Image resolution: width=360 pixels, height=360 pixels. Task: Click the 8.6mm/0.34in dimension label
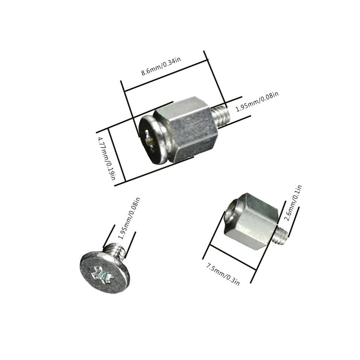(x=161, y=66)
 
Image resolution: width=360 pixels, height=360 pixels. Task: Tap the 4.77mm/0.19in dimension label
(x=107, y=159)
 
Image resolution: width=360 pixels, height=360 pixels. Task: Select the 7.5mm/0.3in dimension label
(x=223, y=275)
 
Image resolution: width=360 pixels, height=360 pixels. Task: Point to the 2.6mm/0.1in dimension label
(x=293, y=203)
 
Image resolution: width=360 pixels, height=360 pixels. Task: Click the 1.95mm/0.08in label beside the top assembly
(x=257, y=102)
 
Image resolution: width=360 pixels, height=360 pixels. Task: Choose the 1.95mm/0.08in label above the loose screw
(x=129, y=218)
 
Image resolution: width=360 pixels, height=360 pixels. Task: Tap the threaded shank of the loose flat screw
(x=114, y=251)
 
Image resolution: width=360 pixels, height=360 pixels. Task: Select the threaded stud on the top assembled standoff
(x=221, y=116)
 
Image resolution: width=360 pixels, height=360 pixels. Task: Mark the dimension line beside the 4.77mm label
(x=117, y=155)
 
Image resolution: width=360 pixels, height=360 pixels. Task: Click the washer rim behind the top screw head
(x=164, y=139)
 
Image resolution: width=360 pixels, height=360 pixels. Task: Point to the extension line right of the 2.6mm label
(x=294, y=222)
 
